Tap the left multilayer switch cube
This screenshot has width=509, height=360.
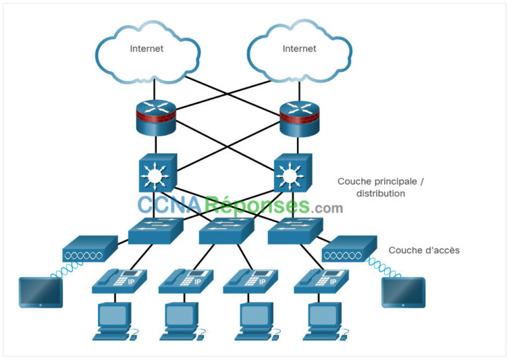[157, 174]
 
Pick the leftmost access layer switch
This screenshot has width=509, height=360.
[156, 229]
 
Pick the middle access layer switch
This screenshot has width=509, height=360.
[226, 229]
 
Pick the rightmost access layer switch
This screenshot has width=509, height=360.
[295, 229]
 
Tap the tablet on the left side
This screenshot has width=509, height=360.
[41, 292]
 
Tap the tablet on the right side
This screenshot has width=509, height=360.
[404, 292]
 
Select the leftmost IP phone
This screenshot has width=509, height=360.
[119, 281]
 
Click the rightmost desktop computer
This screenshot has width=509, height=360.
[325, 322]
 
